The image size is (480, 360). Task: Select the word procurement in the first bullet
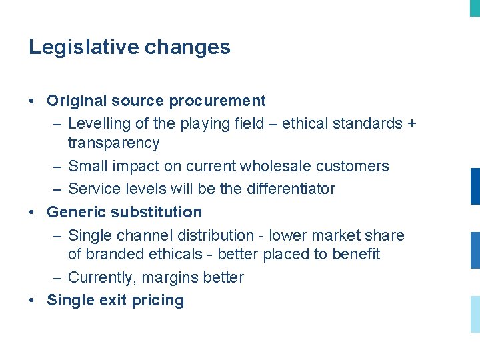tap(217, 101)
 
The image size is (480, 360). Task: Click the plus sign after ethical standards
tap(411, 124)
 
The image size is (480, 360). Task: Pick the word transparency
tap(113, 143)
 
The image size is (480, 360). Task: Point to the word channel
tap(143, 235)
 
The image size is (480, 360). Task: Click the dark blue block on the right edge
tap(475, 186)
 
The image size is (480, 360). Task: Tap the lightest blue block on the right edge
tap(475, 314)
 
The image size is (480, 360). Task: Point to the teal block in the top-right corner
tap(475, 7)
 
